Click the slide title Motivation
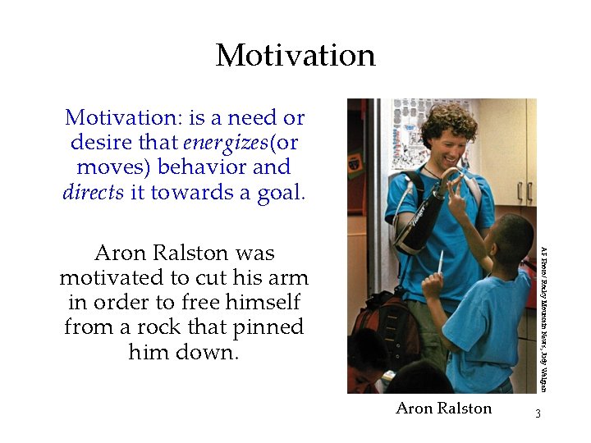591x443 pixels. pyautogui.click(x=295, y=56)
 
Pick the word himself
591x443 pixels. pyautogui.click(x=262, y=303)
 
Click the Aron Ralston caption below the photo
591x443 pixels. pyautogui.click(x=443, y=408)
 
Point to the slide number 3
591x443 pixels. pyautogui.click(x=538, y=413)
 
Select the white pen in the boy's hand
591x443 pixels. pyautogui.click(x=441, y=263)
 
